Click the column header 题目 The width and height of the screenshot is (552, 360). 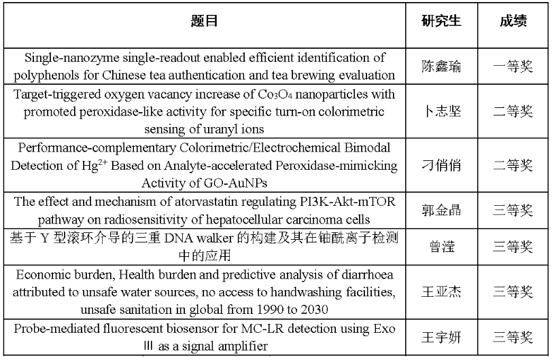[205, 21]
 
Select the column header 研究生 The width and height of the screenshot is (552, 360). [441, 21]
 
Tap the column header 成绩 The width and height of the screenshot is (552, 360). [513, 21]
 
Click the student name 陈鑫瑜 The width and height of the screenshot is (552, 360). [441, 67]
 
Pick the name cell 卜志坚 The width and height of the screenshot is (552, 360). [441, 111]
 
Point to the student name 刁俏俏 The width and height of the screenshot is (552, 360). [441, 164]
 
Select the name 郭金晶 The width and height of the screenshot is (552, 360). [441, 210]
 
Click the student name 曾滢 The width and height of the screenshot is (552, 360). [441, 247]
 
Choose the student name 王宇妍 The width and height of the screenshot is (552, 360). [441, 338]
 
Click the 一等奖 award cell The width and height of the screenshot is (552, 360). [513, 67]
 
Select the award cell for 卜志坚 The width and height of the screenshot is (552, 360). [513, 111]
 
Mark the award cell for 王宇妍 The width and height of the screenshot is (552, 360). [513, 338]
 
